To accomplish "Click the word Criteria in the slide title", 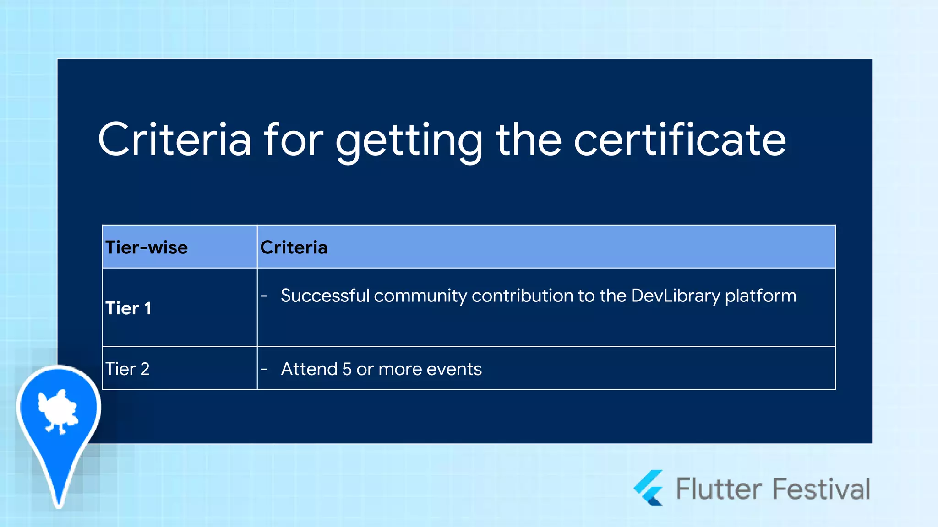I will pos(175,140).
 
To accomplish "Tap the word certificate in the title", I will pos(680,140).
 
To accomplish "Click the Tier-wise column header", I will pos(147,247).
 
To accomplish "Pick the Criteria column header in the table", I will pos(294,247).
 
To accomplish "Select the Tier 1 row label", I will pos(128,308).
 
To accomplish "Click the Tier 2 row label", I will pos(127,369).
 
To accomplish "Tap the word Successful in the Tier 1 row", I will pos(325,296).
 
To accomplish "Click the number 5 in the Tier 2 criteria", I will pos(347,369).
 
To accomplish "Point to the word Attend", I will pos(309,369).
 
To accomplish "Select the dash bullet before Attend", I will pos(264,369).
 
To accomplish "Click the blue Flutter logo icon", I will pos(649,488).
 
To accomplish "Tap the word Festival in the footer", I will pos(822,489).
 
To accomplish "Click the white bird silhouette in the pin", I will pos(58,410).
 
